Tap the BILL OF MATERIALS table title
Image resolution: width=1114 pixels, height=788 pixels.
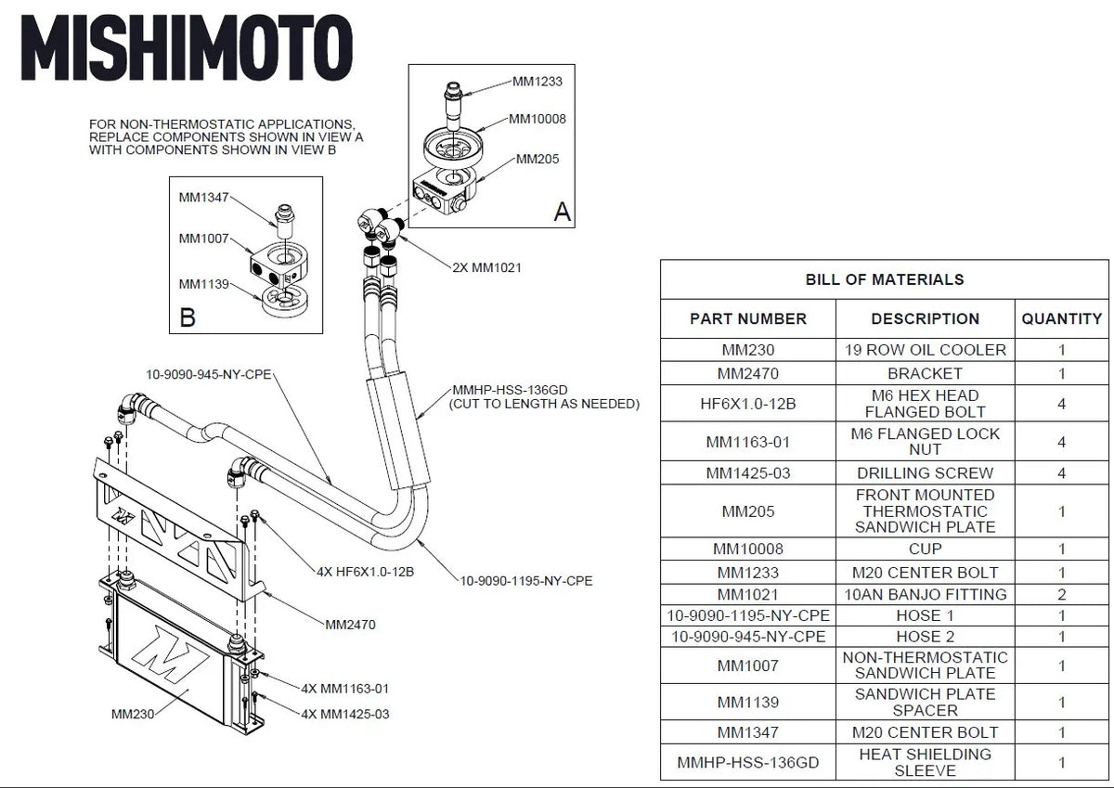coord(884,279)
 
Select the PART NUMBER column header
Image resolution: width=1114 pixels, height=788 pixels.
coord(747,318)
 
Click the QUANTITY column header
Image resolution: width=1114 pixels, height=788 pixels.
coord(1061,318)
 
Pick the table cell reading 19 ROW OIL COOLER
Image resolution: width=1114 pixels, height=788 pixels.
coord(925,350)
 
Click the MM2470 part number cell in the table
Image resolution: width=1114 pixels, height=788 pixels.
coord(747,373)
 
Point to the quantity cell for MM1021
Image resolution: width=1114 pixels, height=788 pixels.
coord(1061,594)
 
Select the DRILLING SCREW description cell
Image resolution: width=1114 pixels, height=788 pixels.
coord(925,472)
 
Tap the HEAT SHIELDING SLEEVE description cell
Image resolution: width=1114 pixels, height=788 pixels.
coord(925,762)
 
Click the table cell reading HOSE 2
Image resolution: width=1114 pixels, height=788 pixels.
coord(925,637)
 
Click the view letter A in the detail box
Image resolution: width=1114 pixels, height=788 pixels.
coord(562,212)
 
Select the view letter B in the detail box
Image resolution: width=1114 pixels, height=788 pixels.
coord(187,318)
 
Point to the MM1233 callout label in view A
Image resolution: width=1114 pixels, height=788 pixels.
coord(538,82)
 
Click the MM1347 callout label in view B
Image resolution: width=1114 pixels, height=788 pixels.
coord(203,197)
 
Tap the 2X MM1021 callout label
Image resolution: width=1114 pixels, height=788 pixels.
coord(486,267)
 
